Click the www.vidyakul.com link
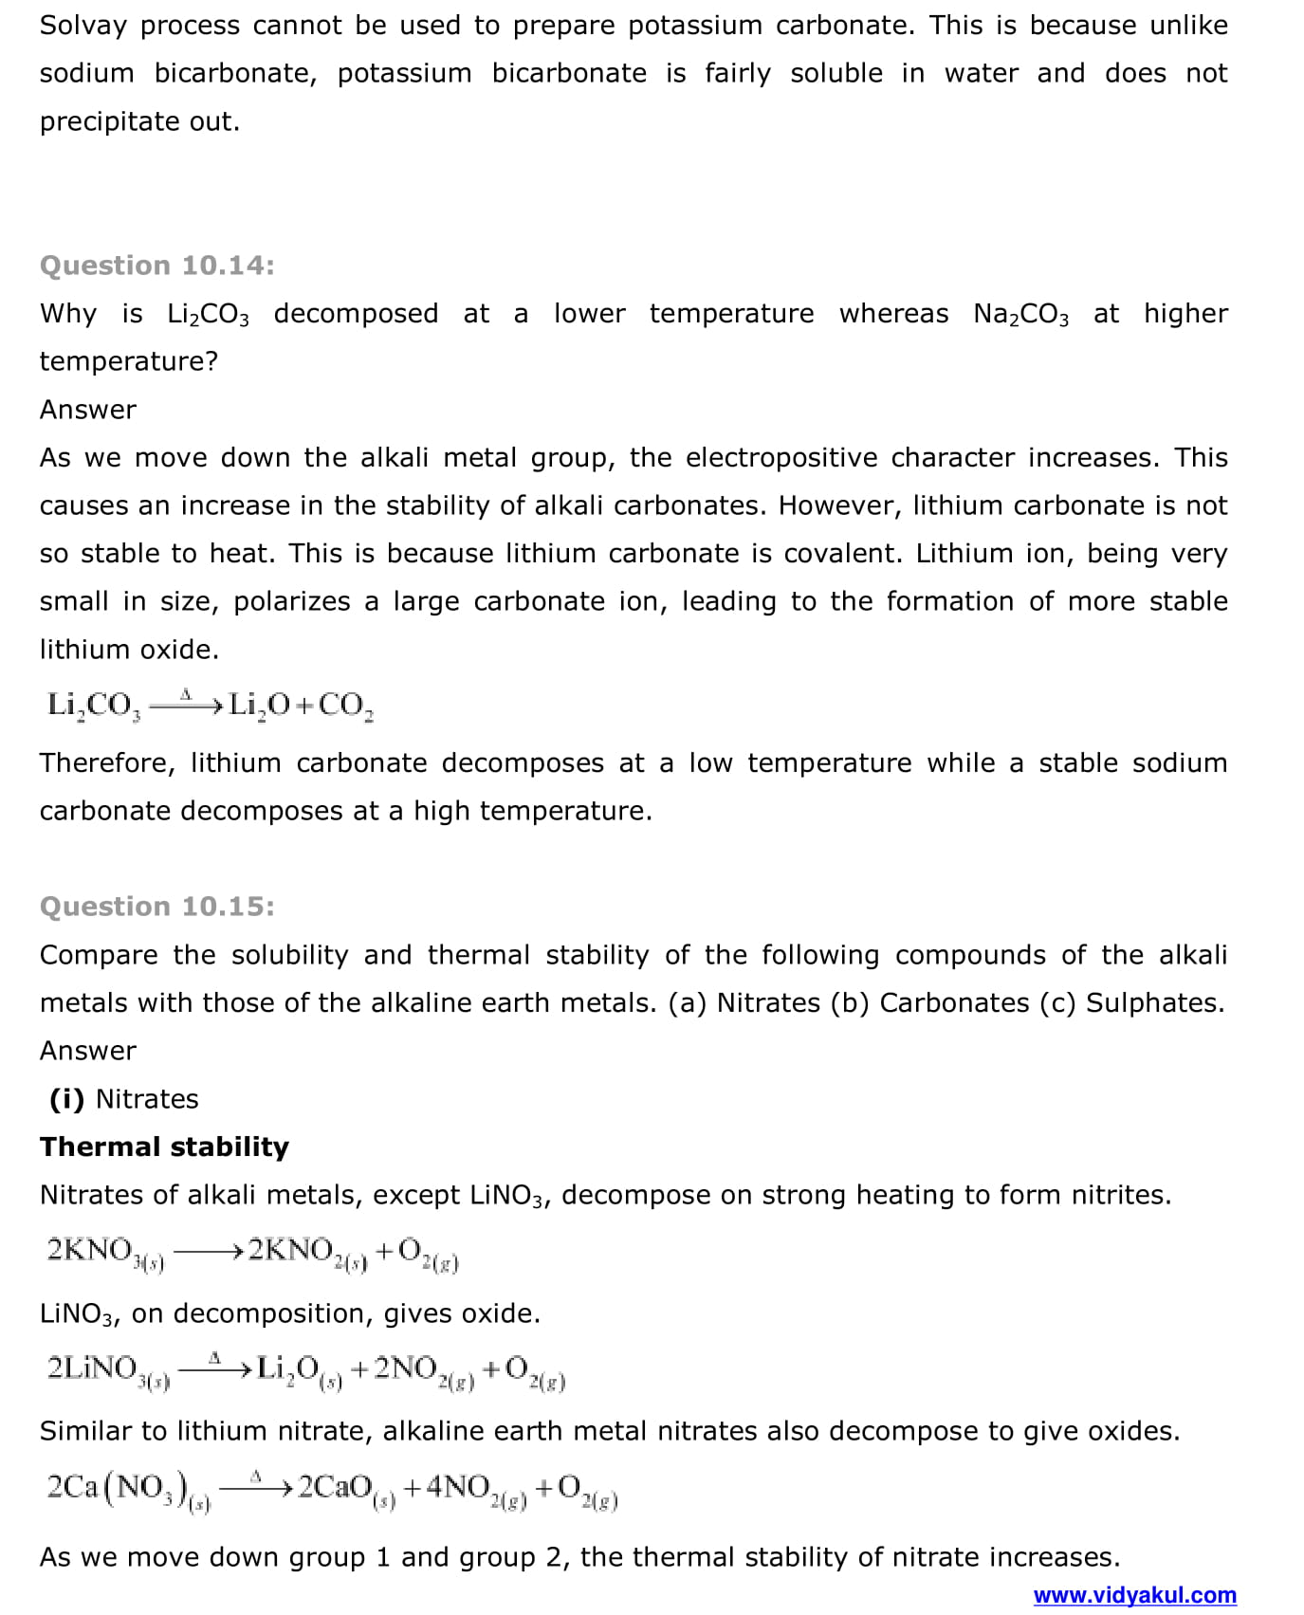tap(1134, 1595)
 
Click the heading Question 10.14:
tap(156, 266)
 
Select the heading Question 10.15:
tap(156, 907)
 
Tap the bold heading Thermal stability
tap(164, 1147)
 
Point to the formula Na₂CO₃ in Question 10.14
tap(1020, 315)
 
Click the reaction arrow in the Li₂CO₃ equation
tap(186, 705)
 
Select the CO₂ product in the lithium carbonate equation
tap(345, 706)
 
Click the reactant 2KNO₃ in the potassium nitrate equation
tap(104, 1253)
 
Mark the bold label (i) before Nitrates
tap(66, 1099)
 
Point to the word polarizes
tap(291, 602)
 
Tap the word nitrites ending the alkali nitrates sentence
tap(1120, 1195)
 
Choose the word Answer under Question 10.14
tap(87, 410)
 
